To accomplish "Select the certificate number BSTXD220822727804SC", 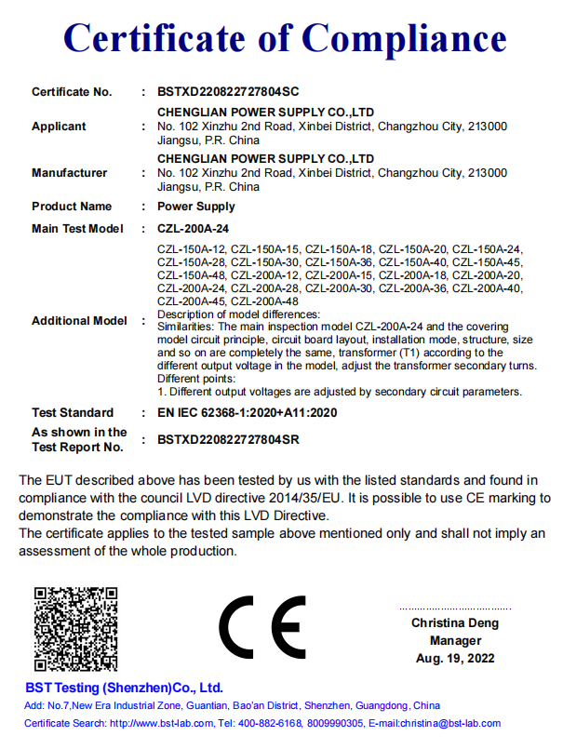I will click(x=228, y=92).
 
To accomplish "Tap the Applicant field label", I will click(x=59, y=127).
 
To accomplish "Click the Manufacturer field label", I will click(x=69, y=173).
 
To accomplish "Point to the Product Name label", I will click(x=72, y=207).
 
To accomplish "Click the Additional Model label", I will click(x=79, y=321).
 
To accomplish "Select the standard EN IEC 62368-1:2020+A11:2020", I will click(x=247, y=413).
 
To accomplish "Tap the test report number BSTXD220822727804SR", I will click(x=228, y=439).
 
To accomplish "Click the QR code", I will click(x=76, y=629).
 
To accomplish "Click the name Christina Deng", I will click(x=455, y=623).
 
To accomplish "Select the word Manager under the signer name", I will click(x=455, y=641).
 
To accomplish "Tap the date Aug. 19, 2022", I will click(x=455, y=659).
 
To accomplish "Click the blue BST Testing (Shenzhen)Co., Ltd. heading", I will click(x=124, y=689).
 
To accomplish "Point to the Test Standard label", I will click(x=73, y=413).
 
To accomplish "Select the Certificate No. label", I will click(x=72, y=92).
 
